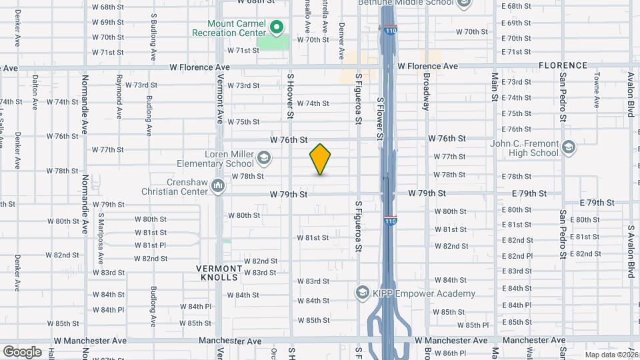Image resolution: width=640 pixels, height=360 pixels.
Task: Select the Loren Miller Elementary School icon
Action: tap(263, 158)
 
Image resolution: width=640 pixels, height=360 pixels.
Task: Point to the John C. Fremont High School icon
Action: tap(568, 147)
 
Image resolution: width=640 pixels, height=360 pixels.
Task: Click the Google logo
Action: tap(22, 351)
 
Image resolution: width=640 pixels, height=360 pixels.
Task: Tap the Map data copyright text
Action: tap(612, 355)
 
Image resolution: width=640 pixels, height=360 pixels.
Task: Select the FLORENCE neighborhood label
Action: tap(563, 65)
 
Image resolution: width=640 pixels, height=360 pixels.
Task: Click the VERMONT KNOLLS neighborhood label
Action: tap(217, 272)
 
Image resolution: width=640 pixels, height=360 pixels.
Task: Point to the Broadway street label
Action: tap(426, 92)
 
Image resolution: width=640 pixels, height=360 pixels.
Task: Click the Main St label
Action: tap(494, 87)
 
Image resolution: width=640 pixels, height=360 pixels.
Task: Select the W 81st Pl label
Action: tap(150, 245)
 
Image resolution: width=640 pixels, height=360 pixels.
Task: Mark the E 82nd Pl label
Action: tap(520, 255)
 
